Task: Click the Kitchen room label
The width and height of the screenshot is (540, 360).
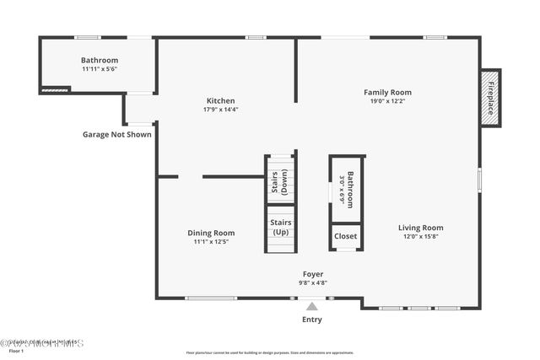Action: pyautogui.click(x=220, y=100)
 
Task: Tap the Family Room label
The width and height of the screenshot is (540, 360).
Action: pyautogui.click(x=387, y=92)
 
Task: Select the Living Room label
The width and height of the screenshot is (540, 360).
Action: pyautogui.click(x=420, y=227)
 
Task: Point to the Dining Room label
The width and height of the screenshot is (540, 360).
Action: pyautogui.click(x=211, y=233)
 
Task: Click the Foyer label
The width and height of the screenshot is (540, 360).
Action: pyautogui.click(x=313, y=274)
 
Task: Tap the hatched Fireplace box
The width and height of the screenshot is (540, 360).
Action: pyautogui.click(x=490, y=98)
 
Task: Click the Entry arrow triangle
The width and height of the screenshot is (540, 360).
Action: pyautogui.click(x=312, y=307)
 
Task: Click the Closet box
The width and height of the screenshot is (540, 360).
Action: pyautogui.click(x=346, y=237)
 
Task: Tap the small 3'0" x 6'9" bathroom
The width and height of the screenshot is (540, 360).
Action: pyautogui.click(x=345, y=190)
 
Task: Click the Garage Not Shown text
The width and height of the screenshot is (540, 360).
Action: pyautogui.click(x=117, y=134)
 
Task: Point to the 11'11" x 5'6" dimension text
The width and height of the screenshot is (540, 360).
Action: pyautogui.click(x=99, y=69)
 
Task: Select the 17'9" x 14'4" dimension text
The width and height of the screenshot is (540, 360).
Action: pyautogui.click(x=220, y=110)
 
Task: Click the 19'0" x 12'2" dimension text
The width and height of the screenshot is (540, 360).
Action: pyautogui.click(x=387, y=101)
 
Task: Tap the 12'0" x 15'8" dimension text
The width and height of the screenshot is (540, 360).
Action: pyautogui.click(x=420, y=236)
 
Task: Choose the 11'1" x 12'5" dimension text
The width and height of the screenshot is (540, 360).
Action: pyautogui.click(x=211, y=242)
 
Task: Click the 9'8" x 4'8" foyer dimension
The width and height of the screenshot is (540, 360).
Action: pyautogui.click(x=313, y=283)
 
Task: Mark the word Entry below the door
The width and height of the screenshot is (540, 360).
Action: pyautogui.click(x=311, y=320)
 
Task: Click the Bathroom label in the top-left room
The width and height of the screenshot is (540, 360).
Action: pyautogui.click(x=100, y=60)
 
